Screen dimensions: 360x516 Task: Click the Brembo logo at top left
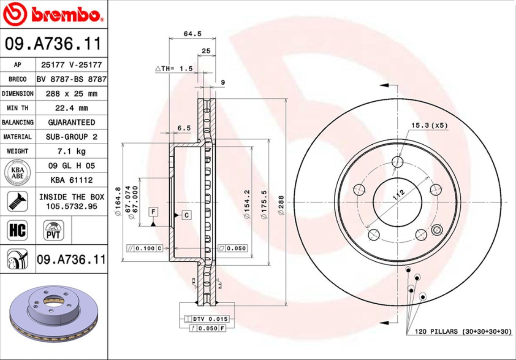point(53,14)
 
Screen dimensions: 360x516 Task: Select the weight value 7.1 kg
point(71,151)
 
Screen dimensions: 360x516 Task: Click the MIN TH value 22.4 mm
point(71,108)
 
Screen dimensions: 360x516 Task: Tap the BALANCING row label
point(17,122)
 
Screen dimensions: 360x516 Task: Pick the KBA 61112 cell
point(71,180)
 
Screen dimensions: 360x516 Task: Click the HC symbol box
point(17,230)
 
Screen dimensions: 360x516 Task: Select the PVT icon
point(54,230)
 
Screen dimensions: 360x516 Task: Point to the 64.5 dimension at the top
point(193,34)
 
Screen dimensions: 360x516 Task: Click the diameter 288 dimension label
point(281,205)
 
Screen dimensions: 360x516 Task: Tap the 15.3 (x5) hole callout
point(429,126)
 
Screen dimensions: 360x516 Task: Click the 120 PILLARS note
point(463,331)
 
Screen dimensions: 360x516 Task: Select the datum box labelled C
point(187,215)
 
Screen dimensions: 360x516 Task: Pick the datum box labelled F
point(153,211)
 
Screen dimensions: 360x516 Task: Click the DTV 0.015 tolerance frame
point(206,319)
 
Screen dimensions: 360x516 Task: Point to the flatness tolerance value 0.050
point(236,248)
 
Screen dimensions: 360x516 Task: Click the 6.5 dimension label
point(184,128)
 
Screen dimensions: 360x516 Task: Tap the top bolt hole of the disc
point(397,162)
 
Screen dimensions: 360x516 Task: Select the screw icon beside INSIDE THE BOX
point(17,201)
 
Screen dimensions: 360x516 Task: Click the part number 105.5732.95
point(71,206)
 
